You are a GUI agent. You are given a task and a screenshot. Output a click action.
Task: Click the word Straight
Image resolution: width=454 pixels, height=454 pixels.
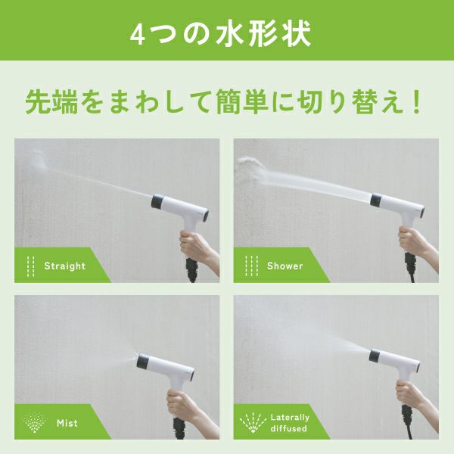coord(64,266)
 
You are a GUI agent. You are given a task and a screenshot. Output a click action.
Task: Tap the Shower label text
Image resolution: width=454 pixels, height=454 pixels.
coord(285,266)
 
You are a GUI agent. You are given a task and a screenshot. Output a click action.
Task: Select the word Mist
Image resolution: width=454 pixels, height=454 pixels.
coord(67,423)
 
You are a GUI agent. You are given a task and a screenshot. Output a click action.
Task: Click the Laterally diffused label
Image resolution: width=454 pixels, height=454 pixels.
coord(290,423)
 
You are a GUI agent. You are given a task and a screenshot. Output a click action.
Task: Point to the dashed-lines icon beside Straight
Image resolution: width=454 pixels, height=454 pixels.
coord(30,266)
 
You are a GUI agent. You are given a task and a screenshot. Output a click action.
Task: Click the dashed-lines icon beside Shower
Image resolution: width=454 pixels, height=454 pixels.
coord(251,266)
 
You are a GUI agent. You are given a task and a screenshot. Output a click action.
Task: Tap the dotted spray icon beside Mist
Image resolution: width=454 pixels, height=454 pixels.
coord(35,422)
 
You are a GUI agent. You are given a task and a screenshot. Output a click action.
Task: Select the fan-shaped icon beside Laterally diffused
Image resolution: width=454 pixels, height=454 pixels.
coord(253,423)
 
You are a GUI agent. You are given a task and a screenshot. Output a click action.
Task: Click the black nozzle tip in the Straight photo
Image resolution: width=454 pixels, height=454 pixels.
coord(158,201)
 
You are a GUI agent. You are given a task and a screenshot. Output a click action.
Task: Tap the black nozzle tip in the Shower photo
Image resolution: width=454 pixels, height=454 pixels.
coord(376,200)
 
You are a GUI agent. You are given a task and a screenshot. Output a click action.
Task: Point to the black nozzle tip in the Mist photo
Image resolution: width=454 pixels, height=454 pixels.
coord(143,362)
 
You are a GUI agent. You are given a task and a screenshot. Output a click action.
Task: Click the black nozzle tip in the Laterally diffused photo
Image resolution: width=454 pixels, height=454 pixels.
coord(375,356)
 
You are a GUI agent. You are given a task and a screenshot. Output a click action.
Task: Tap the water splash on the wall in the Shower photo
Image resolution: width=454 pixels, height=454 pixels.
coord(250,170)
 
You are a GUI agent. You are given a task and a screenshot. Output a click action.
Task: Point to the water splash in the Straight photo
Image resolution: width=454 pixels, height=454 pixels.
coord(39,160)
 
